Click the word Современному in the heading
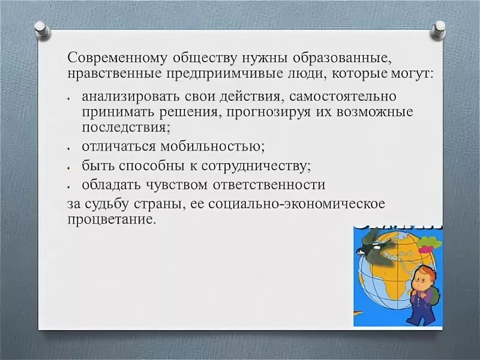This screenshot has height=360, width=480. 117,58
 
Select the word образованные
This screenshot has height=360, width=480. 342,58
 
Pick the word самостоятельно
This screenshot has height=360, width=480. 343,97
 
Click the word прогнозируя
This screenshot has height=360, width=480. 268,112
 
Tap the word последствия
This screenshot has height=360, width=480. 126,127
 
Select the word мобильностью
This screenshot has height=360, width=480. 212,146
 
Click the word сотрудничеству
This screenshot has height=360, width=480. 257,166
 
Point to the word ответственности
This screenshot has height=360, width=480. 269,185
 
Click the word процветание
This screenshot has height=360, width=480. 112,220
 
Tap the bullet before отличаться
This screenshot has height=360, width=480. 70,148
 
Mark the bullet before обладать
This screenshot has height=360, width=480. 70,187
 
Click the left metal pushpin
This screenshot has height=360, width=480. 42,29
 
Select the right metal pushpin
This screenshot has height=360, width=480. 438,29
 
